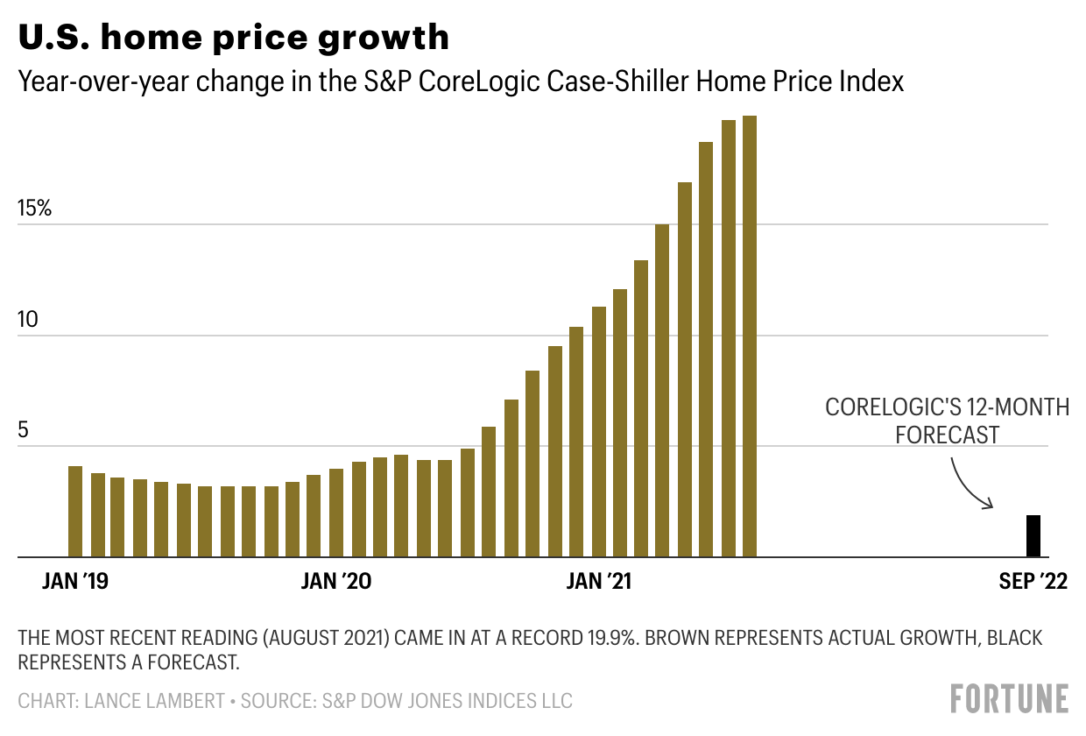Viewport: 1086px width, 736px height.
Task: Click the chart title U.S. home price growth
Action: tap(234, 37)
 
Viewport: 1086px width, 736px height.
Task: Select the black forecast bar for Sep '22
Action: tap(1033, 536)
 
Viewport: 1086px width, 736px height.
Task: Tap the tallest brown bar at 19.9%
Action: tap(750, 336)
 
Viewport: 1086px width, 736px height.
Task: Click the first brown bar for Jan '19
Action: tap(75, 512)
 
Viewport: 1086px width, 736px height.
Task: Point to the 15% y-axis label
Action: tap(36, 209)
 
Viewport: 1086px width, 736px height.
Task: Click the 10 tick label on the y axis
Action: tap(30, 320)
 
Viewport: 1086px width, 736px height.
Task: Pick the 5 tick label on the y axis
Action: tap(24, 431)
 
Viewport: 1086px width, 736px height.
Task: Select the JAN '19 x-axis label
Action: tap(75, 582)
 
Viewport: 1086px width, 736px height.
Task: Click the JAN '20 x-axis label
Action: tap(336, 582)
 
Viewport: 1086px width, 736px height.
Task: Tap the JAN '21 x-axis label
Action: tap(599, 582)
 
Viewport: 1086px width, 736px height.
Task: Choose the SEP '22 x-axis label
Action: tap(1033, 582)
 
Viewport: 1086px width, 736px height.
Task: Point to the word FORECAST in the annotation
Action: tap(948, 434)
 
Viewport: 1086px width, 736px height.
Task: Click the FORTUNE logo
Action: tap(1009, 699)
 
